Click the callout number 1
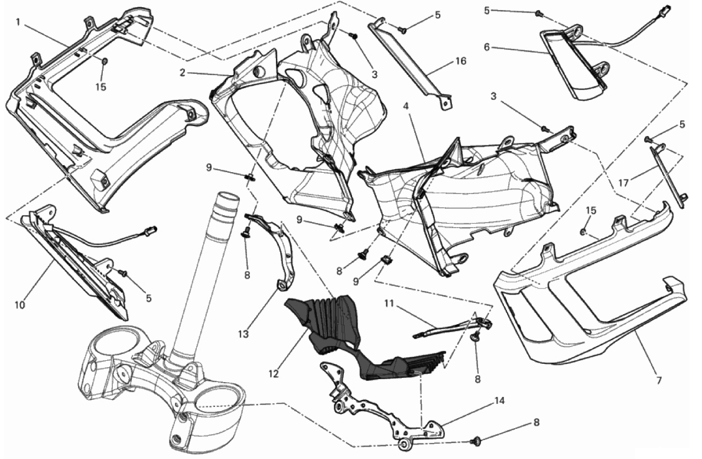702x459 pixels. pos(18,21)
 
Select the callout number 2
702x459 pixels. pos(183,72)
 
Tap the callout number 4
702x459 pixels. pos(406,106)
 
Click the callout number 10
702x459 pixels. pos(19,305)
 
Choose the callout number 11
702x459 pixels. pos(388,304)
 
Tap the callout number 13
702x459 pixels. pos(243,334)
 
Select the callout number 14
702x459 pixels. pos(500,400)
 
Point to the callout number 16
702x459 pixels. pos(461,61)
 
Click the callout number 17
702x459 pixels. pos(623,182)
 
